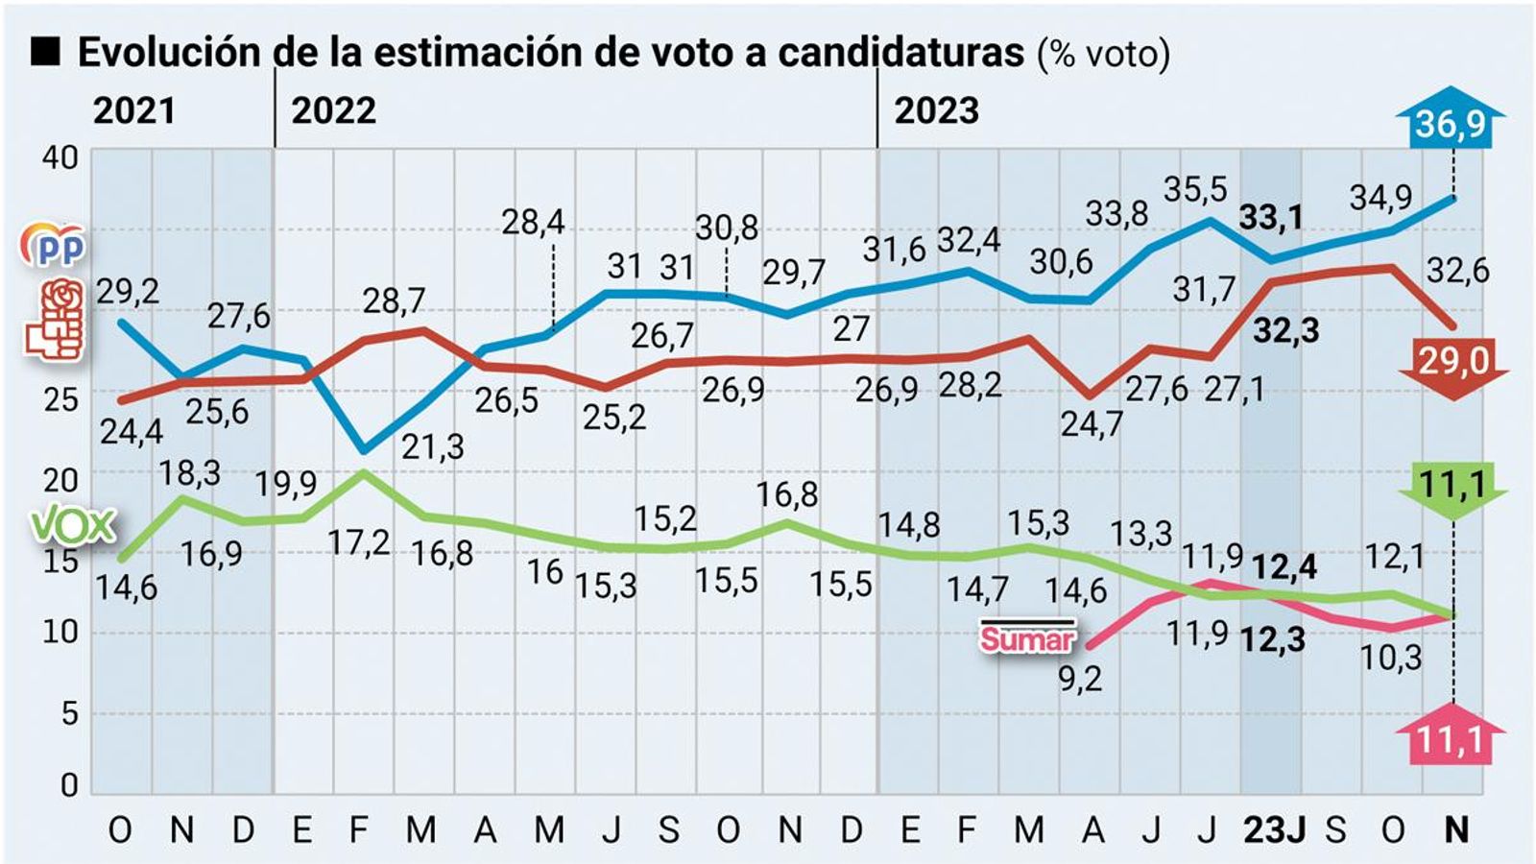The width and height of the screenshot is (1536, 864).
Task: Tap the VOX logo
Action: [x=73, y=525]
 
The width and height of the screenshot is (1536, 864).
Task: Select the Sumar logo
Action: [x=1026, y=637]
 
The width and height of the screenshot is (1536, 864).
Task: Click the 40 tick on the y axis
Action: [x=60, y=156]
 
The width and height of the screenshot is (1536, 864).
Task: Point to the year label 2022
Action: [x=333, y=111]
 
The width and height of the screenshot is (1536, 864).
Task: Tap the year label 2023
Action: [x=936, y=111]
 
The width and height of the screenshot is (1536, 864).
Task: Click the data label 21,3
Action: [x=432, y=446]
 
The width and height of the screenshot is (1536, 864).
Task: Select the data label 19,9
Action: [x=285, y=484]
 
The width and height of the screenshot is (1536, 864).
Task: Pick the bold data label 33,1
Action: [x=1270, y=218]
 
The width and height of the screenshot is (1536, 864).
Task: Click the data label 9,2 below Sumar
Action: [x=1080, y=679]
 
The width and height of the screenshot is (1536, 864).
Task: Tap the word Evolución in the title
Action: [x=168, y=53]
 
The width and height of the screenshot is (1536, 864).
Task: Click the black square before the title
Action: [x=45, y=52]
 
